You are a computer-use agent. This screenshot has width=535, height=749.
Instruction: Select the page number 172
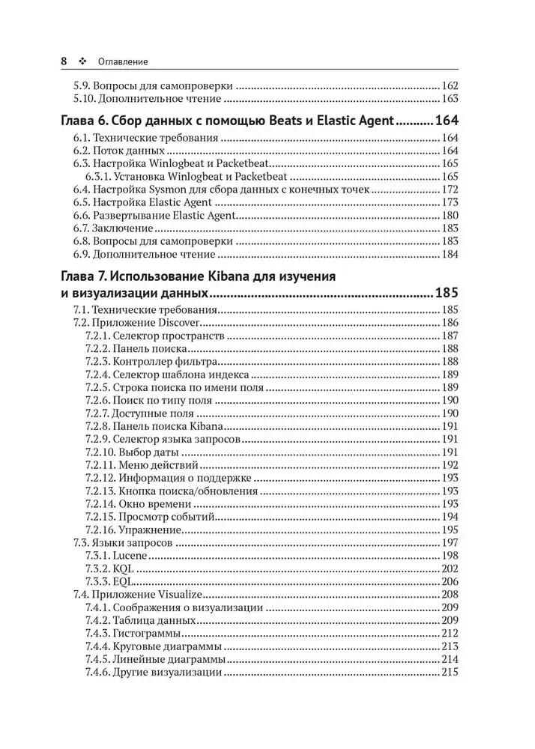coord(450,190)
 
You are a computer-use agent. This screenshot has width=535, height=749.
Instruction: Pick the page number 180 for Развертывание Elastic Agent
coord(450,215)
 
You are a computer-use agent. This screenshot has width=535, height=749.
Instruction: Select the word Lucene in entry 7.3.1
coord(132,555)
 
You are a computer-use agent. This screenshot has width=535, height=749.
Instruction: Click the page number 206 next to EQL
coord(450,581)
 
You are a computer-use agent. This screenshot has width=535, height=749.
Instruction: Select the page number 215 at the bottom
coord(450,672)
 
